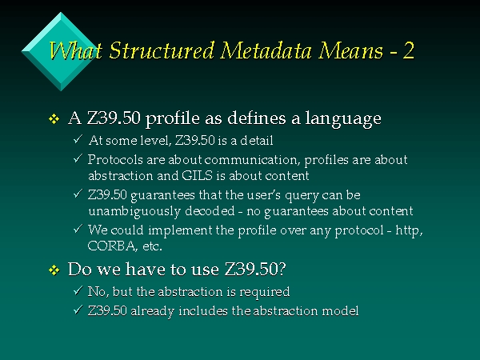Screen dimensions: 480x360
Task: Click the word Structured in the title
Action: (x=162, y=50)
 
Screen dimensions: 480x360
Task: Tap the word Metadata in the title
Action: (x=266, y=50)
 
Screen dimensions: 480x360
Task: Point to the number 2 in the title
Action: (x=408, y=50)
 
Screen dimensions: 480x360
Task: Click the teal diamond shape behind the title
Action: (x=61, y=51)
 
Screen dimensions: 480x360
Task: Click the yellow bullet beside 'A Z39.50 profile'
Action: (x=54, y=118)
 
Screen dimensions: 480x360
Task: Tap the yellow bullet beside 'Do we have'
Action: (x=54, y=270)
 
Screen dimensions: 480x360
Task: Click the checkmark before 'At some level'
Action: (x=78, y=139)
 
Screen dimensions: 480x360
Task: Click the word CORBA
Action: (x=112, y=246)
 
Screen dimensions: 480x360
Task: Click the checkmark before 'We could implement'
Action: (x=78, y=228)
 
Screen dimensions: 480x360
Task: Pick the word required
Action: (x=265, y=292)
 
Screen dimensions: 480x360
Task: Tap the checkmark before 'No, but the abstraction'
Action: (x=78, y=290)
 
